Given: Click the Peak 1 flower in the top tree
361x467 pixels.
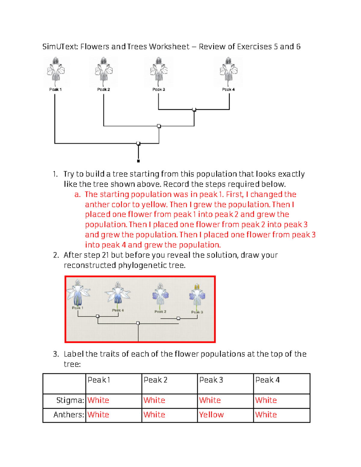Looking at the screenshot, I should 56,72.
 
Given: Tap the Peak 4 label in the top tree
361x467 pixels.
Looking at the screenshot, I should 228,89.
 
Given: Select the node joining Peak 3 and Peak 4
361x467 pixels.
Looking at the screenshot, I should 194,109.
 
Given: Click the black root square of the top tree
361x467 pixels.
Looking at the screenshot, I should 138,161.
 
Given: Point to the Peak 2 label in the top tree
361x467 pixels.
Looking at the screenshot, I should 103,89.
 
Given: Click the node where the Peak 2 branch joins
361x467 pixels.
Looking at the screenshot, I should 159,126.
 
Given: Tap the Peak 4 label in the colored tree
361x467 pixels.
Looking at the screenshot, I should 118,310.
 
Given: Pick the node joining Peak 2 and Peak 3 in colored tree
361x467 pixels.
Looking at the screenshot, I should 178,318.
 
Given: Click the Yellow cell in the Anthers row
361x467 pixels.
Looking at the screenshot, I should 211,415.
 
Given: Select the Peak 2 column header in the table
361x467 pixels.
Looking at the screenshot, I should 155,380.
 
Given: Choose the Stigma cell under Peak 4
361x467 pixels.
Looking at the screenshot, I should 266,400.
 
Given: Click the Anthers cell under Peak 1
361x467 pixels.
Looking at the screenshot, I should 98,415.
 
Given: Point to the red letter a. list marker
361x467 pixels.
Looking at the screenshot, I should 77,195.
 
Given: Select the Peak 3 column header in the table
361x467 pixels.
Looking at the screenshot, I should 211,380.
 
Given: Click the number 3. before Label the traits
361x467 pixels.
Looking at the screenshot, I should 56,354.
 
